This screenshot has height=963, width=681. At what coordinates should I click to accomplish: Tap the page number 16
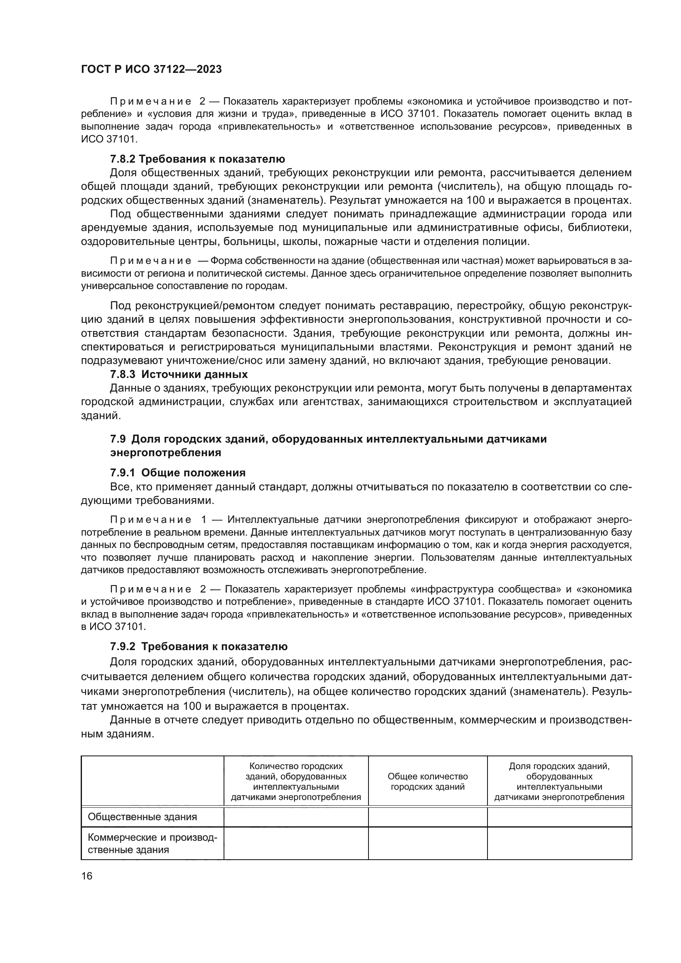(87, 876)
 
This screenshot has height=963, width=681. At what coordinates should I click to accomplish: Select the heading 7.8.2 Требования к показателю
(198, 159)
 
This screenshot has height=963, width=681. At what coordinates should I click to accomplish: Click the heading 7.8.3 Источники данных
(179, 374)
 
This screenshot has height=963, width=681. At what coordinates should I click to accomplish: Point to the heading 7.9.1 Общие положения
(178, 473)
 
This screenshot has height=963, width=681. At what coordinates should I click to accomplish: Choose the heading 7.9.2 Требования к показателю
(199, 646)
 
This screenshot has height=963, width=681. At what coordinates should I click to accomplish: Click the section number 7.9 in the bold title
(118, 439)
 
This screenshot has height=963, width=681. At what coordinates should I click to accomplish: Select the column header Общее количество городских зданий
(427, 781)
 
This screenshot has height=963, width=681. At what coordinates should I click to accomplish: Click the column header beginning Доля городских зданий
(559, 781)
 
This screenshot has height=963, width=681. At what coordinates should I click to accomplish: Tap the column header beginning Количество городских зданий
(296, 781)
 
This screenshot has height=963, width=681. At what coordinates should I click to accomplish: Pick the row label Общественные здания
(142, 816)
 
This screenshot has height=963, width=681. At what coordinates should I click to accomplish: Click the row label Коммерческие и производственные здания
(152, 844)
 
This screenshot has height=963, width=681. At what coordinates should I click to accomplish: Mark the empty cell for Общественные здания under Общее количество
(427, 816)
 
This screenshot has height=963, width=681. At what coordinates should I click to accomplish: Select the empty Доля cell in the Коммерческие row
(559, 844)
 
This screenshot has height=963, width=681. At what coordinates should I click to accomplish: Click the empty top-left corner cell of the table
(152, 781)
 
